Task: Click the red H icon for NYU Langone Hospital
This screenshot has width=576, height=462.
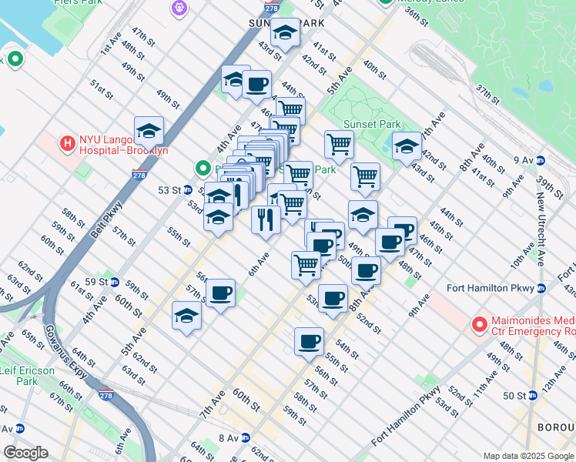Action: point(68,142)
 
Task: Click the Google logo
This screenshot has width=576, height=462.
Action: point(25,453)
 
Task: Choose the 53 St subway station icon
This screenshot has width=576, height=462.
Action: point(187,189)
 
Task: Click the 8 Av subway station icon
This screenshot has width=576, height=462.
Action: point(245,438)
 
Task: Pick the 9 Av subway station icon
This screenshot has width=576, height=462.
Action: point(541,160)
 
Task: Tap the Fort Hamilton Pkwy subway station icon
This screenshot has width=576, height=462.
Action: point(541,289)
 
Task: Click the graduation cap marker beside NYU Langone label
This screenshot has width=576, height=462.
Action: point(149,132)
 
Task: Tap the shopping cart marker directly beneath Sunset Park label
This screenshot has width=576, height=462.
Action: point(339,145)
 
